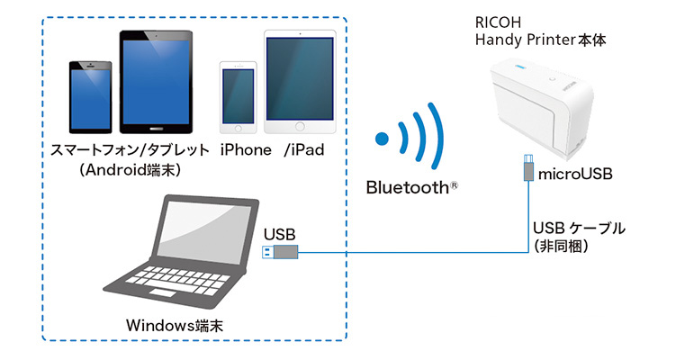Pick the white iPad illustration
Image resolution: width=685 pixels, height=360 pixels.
pos(300,83)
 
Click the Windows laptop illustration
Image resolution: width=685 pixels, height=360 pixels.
pos(179,252)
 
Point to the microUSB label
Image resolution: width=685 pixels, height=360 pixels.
pos(575,174)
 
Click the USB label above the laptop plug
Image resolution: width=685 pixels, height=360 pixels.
pos(280,234)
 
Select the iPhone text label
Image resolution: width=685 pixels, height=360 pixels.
pos(247,149)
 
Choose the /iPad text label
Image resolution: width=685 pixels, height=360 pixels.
pos(303,149)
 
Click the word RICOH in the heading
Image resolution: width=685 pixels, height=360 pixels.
pos(495,21)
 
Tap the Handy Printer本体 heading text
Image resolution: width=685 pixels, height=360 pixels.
pos(532,39)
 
